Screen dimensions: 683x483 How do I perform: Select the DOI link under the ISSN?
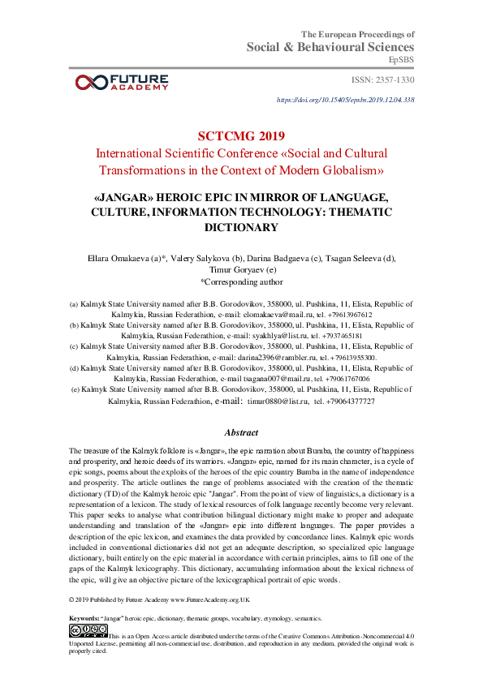point(346,100)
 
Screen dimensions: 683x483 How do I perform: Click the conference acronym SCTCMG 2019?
point(241,135)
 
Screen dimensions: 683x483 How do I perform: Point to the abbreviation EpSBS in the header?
point(402,60)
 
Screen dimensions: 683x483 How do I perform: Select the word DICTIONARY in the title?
point(241,228)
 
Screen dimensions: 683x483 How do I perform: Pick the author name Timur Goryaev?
point(240,270)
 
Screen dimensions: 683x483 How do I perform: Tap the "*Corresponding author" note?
point(241,282)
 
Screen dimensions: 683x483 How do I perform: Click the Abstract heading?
point(241,432)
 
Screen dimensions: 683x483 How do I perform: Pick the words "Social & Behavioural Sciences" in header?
point(330,47)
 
